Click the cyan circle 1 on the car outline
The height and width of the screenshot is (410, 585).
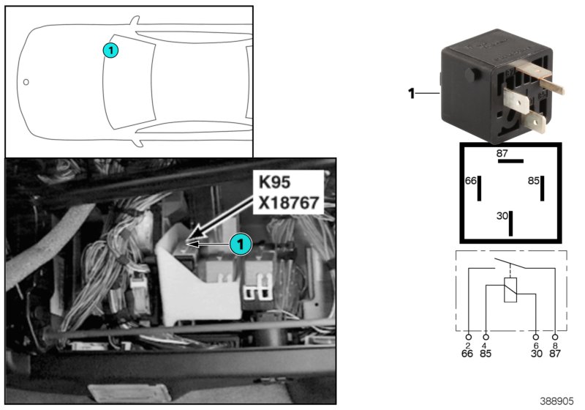pos(110,51)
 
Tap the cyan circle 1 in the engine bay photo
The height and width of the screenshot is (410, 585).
pos(241,245)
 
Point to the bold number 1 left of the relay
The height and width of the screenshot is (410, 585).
pos(411,93)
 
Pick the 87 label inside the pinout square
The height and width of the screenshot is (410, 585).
pos(502,153)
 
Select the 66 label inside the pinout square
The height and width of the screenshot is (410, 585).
pos(471,180)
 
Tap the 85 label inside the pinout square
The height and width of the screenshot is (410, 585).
pos(533,180)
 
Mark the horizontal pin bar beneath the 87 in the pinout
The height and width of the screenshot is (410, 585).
pos(511,162)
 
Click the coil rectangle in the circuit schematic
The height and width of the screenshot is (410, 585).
pos(511,290)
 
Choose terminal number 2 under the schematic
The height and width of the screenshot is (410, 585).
pos(468,345)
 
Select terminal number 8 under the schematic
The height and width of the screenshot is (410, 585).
pos(555,345)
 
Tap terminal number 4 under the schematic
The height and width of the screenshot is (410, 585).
pos(485,345)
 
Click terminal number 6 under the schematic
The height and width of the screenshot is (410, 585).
pos(537,345)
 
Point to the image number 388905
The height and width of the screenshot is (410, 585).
pos(557,401)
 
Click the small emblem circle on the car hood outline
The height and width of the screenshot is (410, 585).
pos(26,82)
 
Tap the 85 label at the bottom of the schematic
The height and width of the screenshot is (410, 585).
pos(485,354)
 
